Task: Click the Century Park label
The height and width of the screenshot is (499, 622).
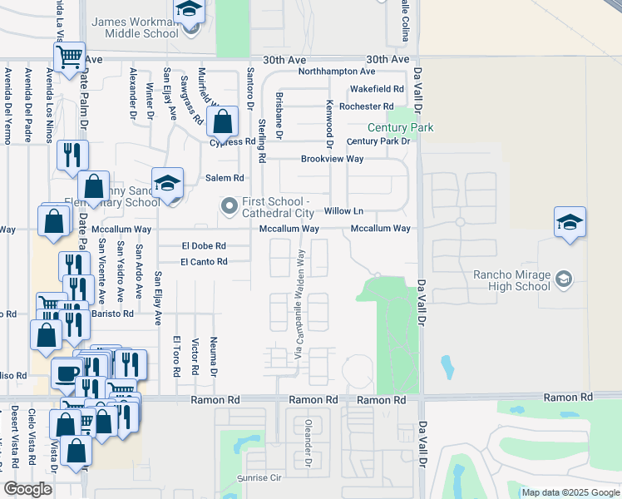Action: click(x=401, y=128)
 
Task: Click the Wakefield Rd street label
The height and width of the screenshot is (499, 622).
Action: click(x=377, y=89)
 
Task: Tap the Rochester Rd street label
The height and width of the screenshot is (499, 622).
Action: click(x=367, y=106)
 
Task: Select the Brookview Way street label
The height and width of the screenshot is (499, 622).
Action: click(x=332, y=159)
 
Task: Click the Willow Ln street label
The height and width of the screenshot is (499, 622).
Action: click(x=343, y=211)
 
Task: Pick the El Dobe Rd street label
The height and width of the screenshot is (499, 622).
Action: click(x=204, y=246)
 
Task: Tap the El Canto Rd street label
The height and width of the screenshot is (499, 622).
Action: click(x=204, y=262)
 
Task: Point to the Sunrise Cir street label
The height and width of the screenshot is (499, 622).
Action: click(x=260, y=479)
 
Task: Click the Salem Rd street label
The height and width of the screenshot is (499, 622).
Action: click(x=225, y=178)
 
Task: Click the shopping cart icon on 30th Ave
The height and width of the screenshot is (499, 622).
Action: click(x=70, y=57)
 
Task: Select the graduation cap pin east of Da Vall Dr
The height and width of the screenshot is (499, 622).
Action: click(x=570, y=222)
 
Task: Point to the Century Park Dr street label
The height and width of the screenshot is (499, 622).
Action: click(x=378, y=141)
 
